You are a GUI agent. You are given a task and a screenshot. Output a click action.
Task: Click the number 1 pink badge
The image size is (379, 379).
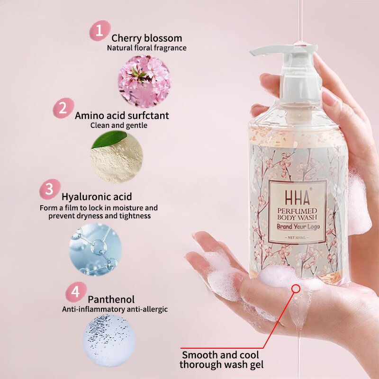pos(99,31)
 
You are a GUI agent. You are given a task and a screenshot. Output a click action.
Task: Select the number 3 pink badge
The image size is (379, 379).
pos(49,189)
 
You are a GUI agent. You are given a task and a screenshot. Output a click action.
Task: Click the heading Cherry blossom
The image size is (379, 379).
pos(146,38)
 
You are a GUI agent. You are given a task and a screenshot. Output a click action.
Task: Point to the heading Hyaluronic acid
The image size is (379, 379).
pos(97,197)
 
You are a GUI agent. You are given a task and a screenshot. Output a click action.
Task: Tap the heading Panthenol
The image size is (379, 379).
pos(111,299)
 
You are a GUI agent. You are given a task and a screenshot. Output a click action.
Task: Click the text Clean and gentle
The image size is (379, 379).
pos(119,126)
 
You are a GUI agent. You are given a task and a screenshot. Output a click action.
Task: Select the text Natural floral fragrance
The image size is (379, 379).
pos(146,48)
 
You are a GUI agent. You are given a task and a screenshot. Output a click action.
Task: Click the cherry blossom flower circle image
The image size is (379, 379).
pos(144,81)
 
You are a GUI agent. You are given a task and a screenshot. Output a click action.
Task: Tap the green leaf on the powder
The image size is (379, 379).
pos(110,140)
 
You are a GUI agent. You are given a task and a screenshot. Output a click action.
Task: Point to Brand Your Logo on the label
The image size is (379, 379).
pos(297,226)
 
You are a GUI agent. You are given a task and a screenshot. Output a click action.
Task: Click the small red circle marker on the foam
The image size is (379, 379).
pos(297,288)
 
